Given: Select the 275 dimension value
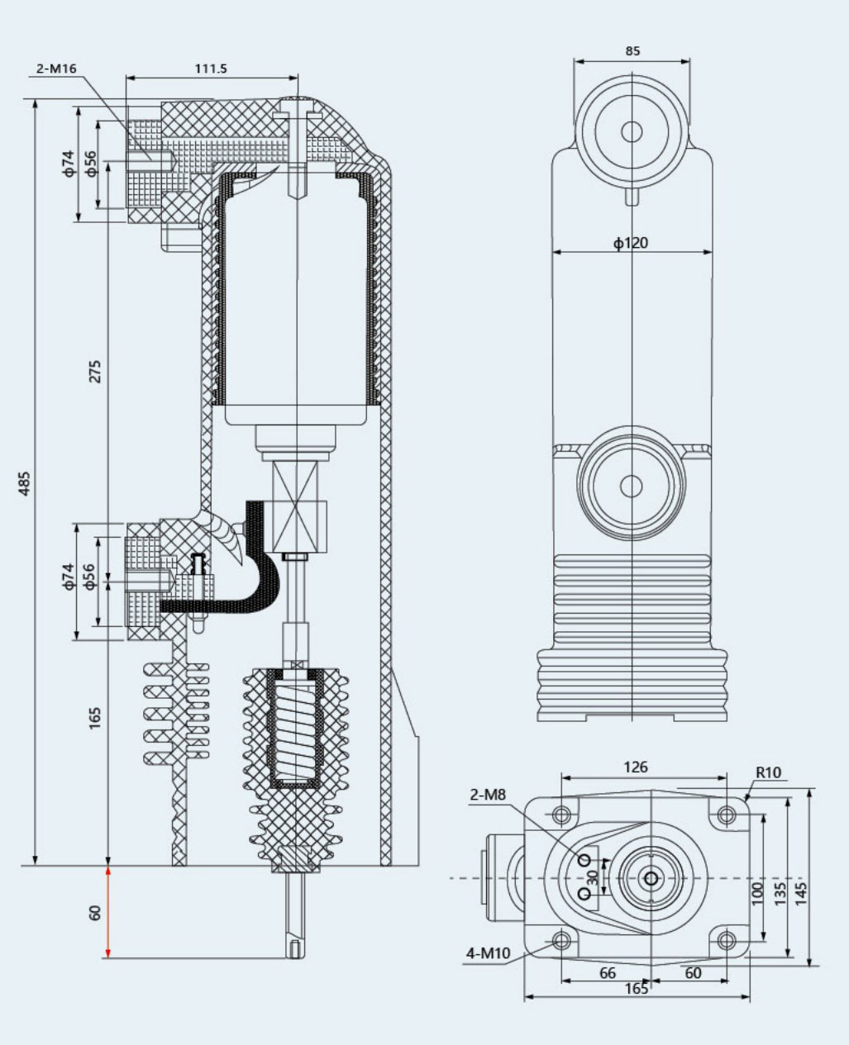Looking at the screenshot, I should pyautogui.click(x=95, y=371).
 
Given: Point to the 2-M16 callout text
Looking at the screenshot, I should pyautogui.click(x=56, y=69).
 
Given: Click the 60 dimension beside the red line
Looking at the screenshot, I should pyautogui.click(x=95, y=913).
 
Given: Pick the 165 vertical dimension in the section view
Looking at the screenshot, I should pyautogui.click(x=95, y=716).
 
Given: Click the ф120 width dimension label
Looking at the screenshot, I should pyautogui.click(x=631, y=243).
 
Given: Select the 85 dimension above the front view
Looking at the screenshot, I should pyautogui.click(x=632, y=51).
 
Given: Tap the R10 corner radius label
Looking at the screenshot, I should pyautogui.click(x=768, y=773).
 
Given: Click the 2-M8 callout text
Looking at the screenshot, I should pyautogui.click(x=488, y=795).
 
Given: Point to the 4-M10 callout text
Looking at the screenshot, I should pyautogui.click(x=488, y=953).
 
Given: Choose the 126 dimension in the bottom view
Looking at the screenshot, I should pyautogui.click(x=635, y=767).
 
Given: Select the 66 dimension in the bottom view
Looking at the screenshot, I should pyautogui.click(x=608, y=973).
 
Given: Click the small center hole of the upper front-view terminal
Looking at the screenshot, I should pyautogui.click(x=632, y=131).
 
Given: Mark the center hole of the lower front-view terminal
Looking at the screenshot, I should pyautogui.click(x=632, y=486).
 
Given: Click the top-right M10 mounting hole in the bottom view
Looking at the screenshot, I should pyautogui.click(x=727, y=815).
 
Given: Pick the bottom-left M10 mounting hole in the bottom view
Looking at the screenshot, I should pyautogui.click(x=562, y=940).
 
